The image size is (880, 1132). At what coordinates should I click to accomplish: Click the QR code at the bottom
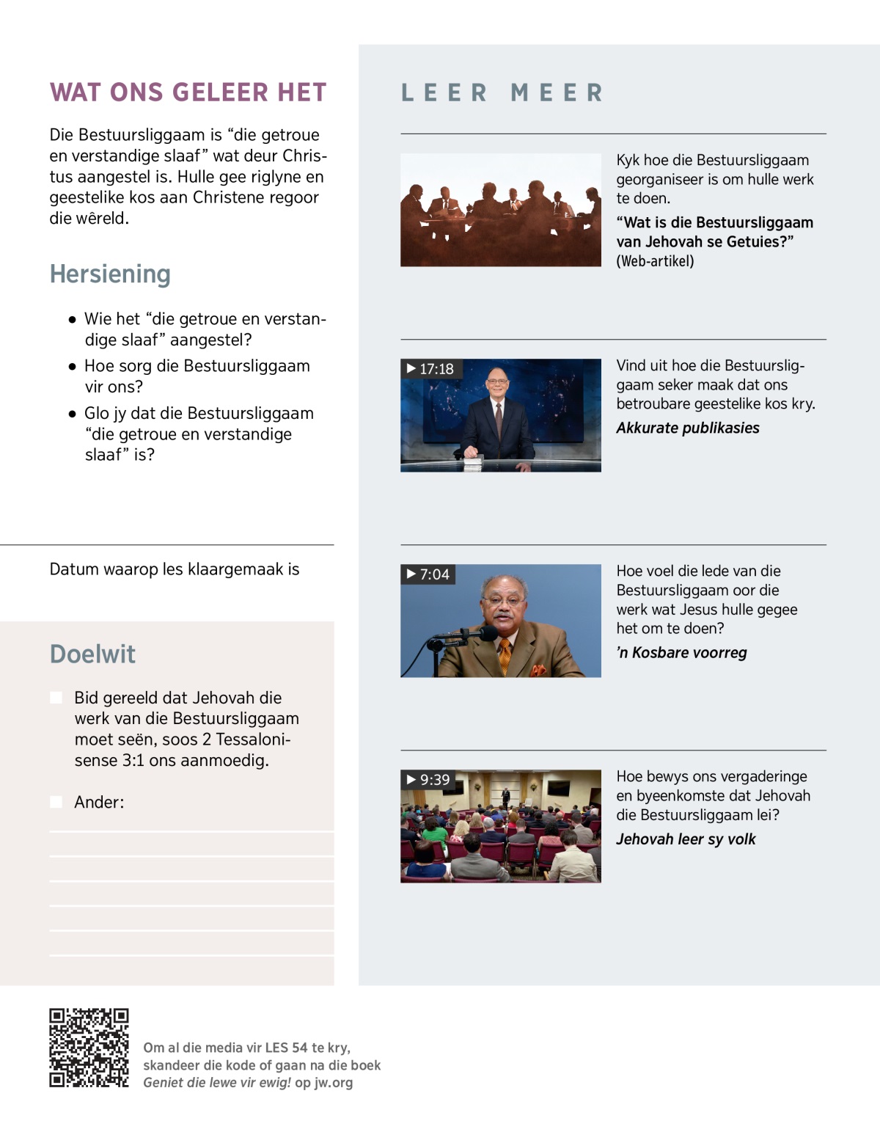[89, 1048]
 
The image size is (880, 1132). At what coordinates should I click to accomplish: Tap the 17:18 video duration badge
[430, 369]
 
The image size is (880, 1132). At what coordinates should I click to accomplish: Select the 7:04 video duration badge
[428, 574]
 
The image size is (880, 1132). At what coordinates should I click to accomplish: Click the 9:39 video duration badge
[428, 780]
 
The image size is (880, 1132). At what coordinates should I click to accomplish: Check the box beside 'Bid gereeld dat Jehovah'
[56, 698]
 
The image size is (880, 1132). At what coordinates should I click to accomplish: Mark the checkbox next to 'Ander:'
[56, 802]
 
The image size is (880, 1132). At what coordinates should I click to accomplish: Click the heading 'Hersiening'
[110, 274]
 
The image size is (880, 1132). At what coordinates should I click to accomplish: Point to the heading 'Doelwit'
[92, 654]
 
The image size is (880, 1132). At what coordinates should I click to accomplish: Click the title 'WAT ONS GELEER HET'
[188, 92]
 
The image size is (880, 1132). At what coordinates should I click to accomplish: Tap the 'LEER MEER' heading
[502, 93]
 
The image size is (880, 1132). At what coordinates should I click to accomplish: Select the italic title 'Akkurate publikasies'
[687, 428]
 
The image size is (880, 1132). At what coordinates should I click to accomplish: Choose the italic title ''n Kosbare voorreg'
[681, 653]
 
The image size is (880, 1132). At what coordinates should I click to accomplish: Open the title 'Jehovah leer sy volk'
[685, 839]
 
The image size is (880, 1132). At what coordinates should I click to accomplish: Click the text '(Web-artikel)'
[654, 261]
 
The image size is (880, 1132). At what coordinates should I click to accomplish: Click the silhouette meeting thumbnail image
[500, 210]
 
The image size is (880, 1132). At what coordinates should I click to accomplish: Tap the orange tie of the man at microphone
[505, 654]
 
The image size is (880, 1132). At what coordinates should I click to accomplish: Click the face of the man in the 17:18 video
[497, 384]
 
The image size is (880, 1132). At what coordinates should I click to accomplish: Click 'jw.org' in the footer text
[334, 1083]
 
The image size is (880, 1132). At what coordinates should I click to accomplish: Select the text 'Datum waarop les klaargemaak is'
[175, 569]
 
